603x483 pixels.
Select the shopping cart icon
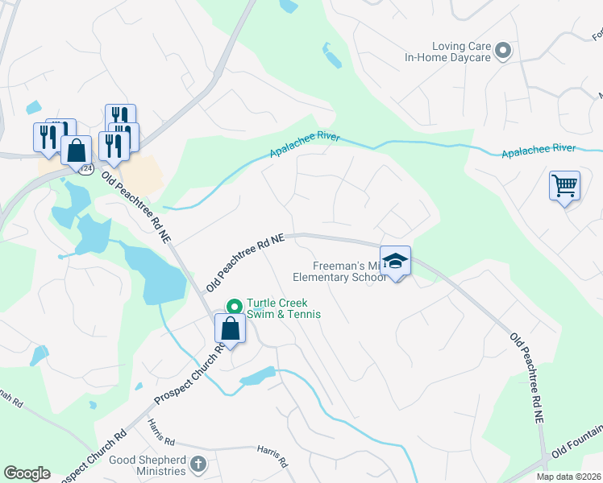(x=564, y=186)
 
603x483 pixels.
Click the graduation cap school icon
(x=395, y=261)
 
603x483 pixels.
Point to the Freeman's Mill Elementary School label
(x=344, y=273)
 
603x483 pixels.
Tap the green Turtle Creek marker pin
(x=235, y=306)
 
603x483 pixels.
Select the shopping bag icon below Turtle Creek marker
(x=231, y=328)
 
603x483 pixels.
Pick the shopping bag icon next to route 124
(x=76, y=150)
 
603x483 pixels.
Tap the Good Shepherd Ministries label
(x=145, y=464)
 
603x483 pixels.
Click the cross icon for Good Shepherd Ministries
(x=199, y=464)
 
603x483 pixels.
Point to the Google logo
(x=27, y=473)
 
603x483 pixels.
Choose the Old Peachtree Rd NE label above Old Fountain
(x=528, y=377)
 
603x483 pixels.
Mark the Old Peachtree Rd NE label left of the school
(x=245, y=262)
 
